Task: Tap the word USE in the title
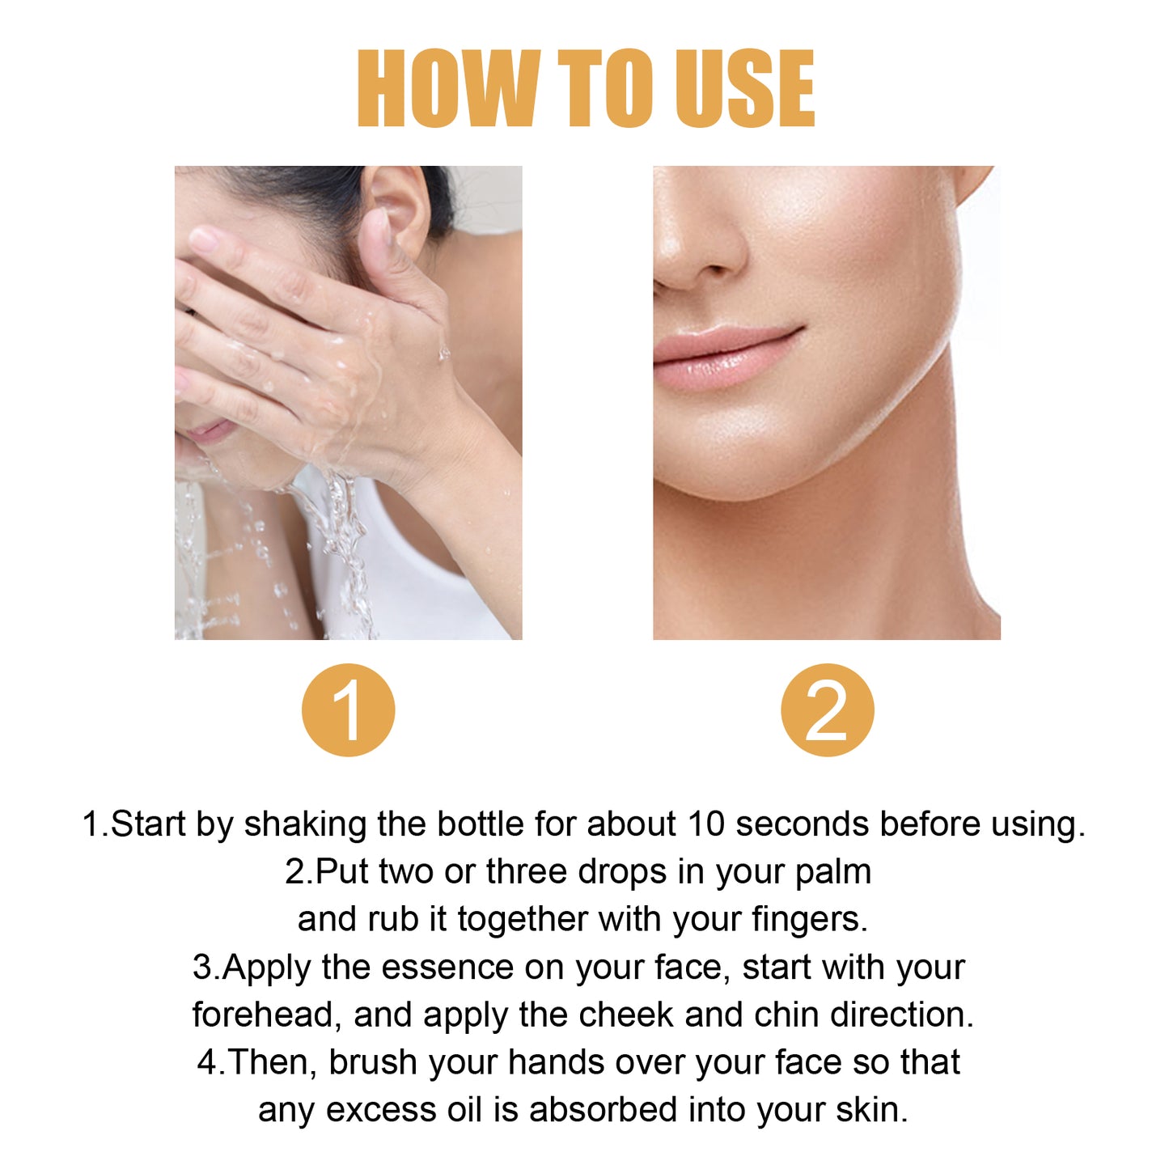coord(744,88)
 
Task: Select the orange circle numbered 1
coord(349,710)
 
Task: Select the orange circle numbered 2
coord(827,710)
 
